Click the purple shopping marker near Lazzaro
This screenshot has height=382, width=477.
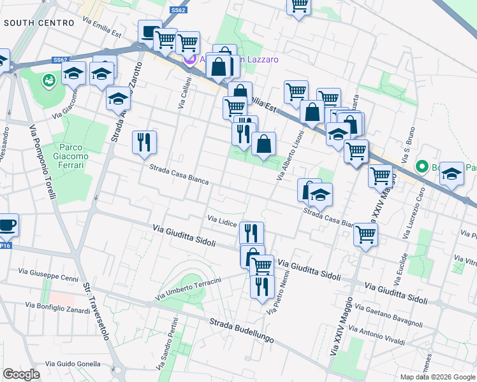[x=189, y=60]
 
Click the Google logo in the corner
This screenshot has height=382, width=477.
[x=22, y=374]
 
